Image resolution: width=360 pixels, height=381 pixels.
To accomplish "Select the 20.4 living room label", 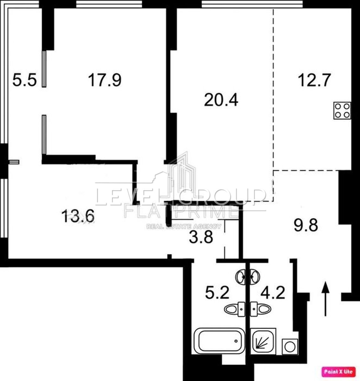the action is (221, 100).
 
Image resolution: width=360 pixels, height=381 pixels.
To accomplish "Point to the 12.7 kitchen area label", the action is (314, 80).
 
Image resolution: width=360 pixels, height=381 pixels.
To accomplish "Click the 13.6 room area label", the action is (78, 216).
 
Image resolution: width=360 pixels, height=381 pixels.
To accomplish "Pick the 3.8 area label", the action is (201, 237).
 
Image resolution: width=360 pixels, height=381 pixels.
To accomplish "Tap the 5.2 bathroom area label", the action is (217, 293).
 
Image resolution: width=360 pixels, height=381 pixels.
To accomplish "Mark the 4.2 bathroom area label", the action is (273, 293).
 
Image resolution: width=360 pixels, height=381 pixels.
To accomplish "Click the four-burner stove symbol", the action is (342, 110).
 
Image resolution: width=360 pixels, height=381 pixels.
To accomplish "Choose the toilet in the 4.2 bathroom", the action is (260, 309).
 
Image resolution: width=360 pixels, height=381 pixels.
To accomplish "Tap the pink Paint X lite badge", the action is (338, 372).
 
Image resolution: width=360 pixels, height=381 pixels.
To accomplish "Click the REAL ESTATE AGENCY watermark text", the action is (184, 226).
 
